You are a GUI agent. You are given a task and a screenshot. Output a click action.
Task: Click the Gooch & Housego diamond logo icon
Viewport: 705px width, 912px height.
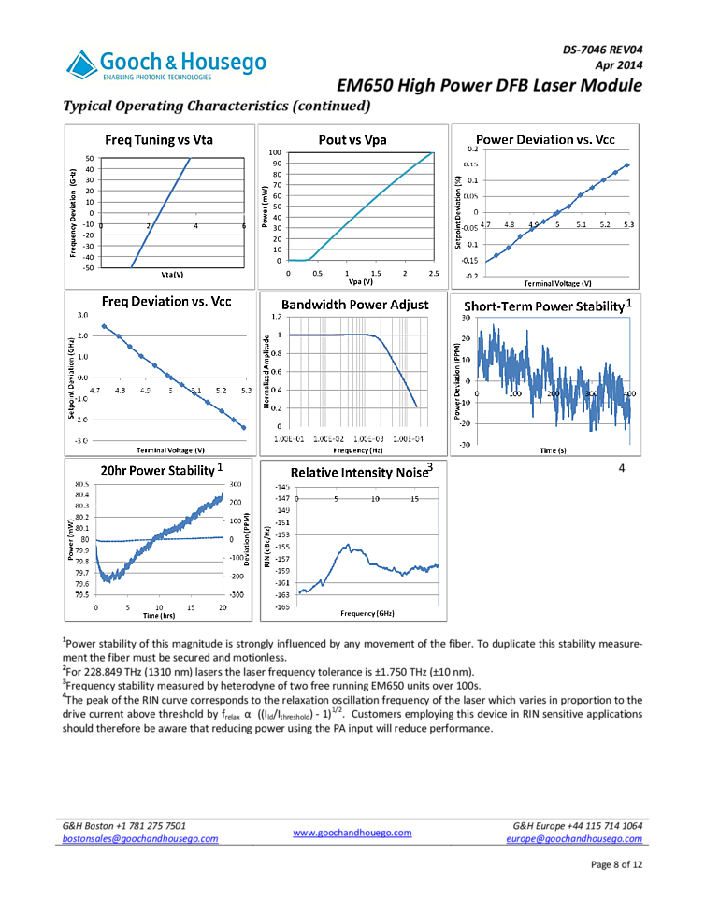tap(83, 64)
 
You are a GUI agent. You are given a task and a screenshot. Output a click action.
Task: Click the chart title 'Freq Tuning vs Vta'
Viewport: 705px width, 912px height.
tap(159, 140)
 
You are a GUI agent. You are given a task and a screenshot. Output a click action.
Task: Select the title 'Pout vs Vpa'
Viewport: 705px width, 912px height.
tap(352, 140)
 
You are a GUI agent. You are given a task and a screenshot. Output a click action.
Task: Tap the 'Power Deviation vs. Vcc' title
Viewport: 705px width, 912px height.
tap(545, 139)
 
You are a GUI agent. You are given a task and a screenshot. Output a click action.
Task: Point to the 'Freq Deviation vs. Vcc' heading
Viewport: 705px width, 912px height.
tap(166, 301)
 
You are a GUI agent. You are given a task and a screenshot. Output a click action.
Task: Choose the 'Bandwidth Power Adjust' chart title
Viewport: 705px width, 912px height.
tap(355, 305)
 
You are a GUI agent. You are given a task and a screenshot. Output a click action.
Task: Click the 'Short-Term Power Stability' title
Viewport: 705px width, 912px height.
tap(543, 306)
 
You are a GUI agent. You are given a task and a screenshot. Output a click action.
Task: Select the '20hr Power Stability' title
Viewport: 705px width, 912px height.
tap(157, 470)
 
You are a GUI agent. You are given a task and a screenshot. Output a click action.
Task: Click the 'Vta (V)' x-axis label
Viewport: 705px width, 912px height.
tap(172, 275)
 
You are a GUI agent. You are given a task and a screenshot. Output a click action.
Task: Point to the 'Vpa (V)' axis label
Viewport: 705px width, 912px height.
tap(360, 281)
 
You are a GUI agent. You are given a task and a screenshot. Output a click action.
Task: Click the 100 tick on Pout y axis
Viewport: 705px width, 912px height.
tap(276, 152)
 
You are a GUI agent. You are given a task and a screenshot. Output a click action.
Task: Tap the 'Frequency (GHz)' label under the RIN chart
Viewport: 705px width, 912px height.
tap(367, 613)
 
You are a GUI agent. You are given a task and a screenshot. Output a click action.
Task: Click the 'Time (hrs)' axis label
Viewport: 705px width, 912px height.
tap(159, 616)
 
